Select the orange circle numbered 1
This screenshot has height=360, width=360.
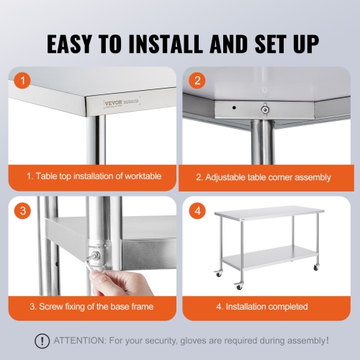(x=24, y=81)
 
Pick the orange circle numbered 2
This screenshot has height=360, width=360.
(x=197, y=81)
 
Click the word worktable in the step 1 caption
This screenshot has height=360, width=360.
(x=139, y=176)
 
